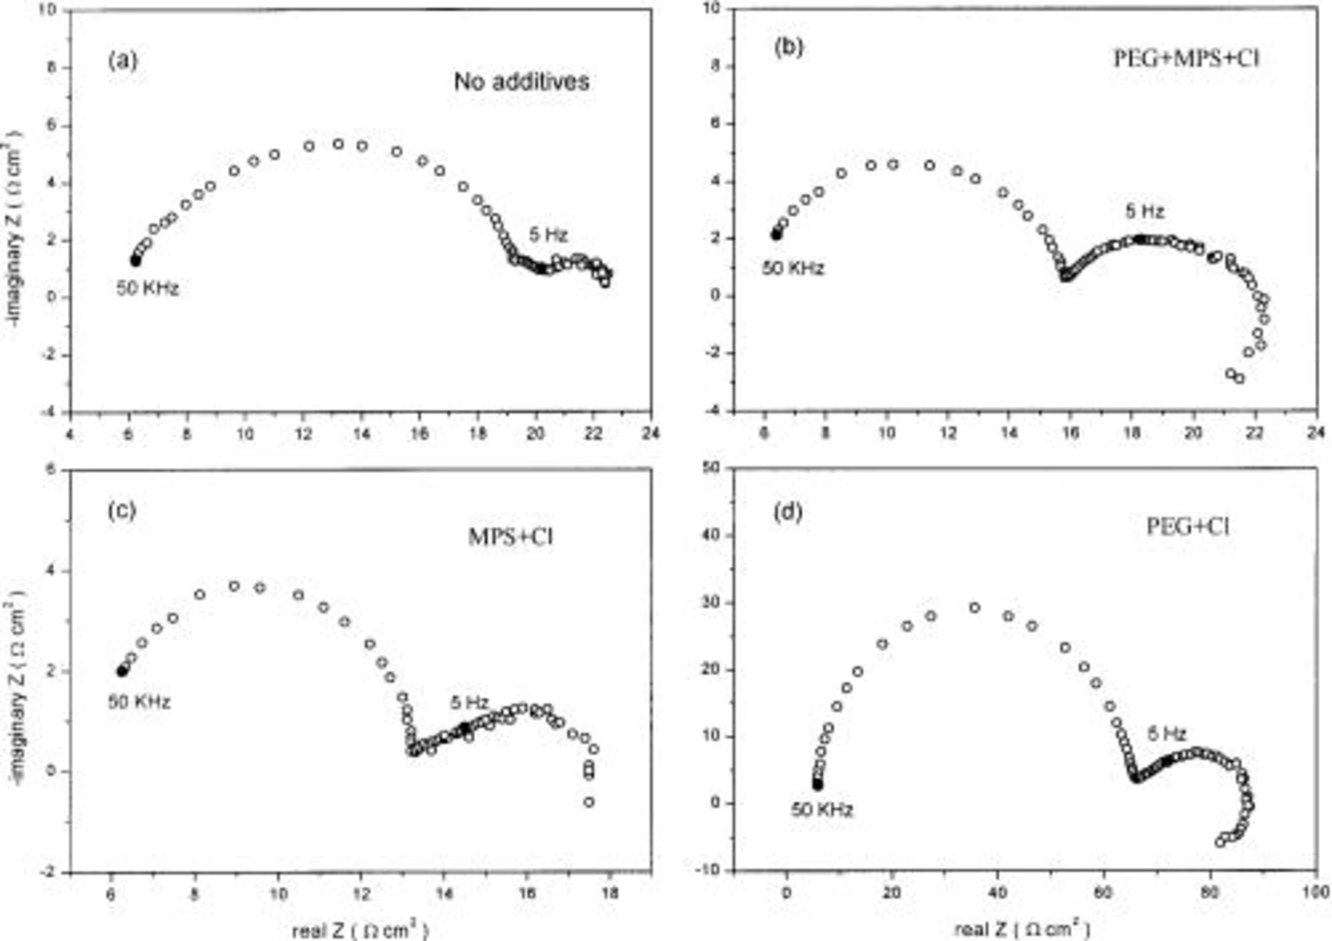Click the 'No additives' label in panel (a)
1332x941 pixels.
click(521, 81)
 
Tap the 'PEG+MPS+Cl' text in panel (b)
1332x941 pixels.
click(1186, 58)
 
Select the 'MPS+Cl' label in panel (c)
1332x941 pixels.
click(511, 537)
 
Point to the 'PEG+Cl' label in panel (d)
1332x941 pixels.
click(1187, 526)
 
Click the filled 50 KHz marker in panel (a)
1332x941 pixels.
click(135, 261)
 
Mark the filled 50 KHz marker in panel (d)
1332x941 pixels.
click(817, 784)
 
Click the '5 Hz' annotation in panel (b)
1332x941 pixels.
click(1144, 212)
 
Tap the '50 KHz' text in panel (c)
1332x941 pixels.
click(139, 701)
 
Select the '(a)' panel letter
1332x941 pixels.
click(122, 60)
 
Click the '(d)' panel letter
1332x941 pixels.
click(787, 512)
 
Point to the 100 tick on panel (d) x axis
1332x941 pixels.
click(1315, 892)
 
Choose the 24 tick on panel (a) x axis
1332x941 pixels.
click(651, 433)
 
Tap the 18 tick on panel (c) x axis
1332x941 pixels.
click(609, 893)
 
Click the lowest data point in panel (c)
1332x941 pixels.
click(589, 802)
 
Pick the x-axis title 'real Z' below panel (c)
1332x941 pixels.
click(360, 929)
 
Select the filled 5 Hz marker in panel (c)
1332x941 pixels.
click(465, 728)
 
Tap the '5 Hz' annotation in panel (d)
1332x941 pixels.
click(1167, 734)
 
